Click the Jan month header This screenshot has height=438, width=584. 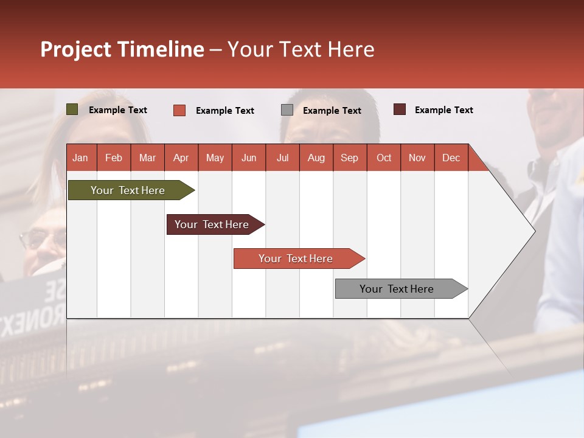[80, 158]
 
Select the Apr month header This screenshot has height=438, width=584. [181, 158]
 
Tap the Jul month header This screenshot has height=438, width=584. [283, 158]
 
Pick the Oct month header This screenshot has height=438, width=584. [384, 158]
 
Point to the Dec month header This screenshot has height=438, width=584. [451, 158]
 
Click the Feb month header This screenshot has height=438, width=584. [114, 158]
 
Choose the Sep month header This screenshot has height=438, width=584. [350, 158]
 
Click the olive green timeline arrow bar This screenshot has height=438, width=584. [131, 190]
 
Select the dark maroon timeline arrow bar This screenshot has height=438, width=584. [215, 224]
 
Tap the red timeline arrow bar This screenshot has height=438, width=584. [299, 259]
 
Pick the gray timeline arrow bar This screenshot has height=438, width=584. [401, 288]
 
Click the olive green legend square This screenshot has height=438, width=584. [72, 109]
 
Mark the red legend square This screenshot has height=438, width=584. [179, 110]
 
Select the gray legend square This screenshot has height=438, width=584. [287, 110]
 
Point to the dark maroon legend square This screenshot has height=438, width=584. [400, 109]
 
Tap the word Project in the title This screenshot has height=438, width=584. [76, 50]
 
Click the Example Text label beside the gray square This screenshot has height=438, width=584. [332, 111]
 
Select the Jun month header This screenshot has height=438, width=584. [249, 158]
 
